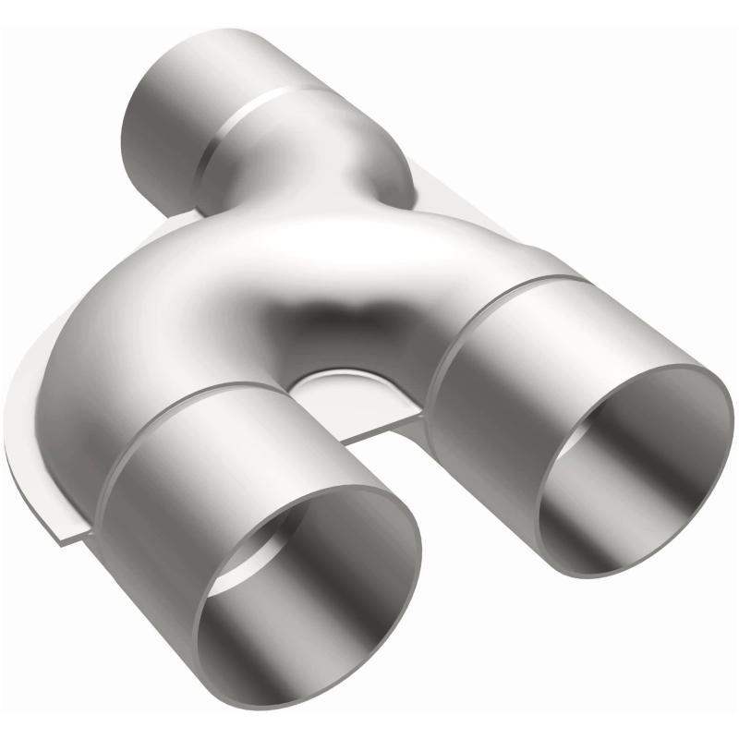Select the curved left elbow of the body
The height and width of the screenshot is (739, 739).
(x=111, y=333)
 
